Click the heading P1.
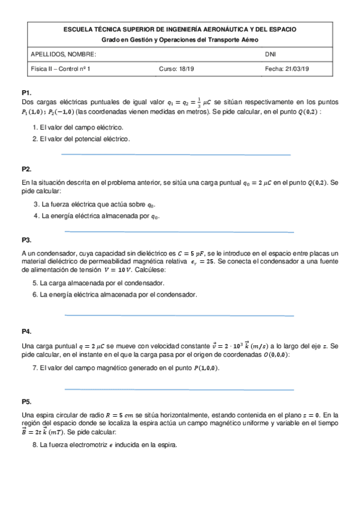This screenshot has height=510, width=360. point(26,93)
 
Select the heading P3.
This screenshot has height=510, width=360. point(26,239)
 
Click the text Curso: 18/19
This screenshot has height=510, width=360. point(177,69)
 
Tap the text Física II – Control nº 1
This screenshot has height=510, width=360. point(61,69)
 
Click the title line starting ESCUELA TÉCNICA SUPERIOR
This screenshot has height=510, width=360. point(180,29)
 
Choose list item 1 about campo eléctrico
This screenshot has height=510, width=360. point(78,127)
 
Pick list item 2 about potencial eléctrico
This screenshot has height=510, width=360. point(81,139)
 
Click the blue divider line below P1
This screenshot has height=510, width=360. point(176,155)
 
